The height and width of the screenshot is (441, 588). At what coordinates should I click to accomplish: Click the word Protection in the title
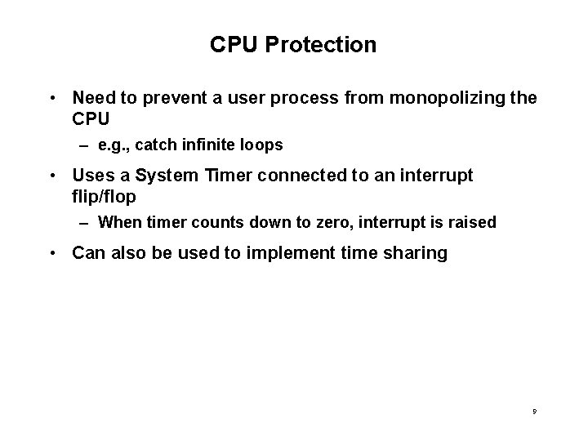327,45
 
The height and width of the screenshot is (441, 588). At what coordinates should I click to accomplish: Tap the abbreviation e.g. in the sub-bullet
112,145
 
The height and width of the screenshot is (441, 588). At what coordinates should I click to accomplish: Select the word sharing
416,254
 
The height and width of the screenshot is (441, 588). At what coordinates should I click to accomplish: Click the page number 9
533,413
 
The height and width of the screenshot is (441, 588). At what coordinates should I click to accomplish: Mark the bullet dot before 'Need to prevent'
52,99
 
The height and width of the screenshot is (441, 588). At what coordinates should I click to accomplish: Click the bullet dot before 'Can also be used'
52,254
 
